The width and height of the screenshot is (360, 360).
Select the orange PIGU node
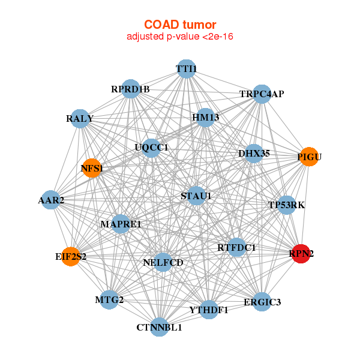point(308,157)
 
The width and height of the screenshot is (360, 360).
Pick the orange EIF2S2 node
point(71,257)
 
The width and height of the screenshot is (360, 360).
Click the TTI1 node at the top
point(187,69)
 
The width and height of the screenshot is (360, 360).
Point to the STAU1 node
point(196,196)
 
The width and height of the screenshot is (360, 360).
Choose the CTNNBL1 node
point(159,327)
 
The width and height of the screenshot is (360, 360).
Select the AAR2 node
point(52,200)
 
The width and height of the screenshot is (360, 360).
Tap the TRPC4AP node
point(262,94)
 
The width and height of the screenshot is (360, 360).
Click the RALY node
point(80,118)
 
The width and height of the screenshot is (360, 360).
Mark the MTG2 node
point(109,299)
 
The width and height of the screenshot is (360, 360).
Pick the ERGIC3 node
point(262,301)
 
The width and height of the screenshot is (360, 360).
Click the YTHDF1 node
point(209,310)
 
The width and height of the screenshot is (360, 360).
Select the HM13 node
point(205,118)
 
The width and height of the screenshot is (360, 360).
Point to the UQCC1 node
point(151,147)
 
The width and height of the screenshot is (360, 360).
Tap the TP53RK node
point(287,205)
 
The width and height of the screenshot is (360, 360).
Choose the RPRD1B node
point(130,90)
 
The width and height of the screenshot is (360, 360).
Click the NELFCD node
point(163,262)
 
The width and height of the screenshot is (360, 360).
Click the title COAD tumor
point(180,25)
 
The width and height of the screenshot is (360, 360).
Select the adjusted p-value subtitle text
point(180,37)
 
